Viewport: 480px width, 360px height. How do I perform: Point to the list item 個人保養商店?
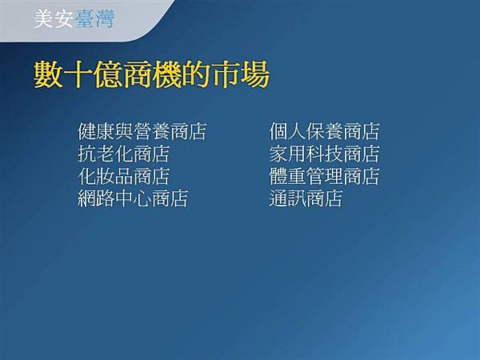coord(324,131)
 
